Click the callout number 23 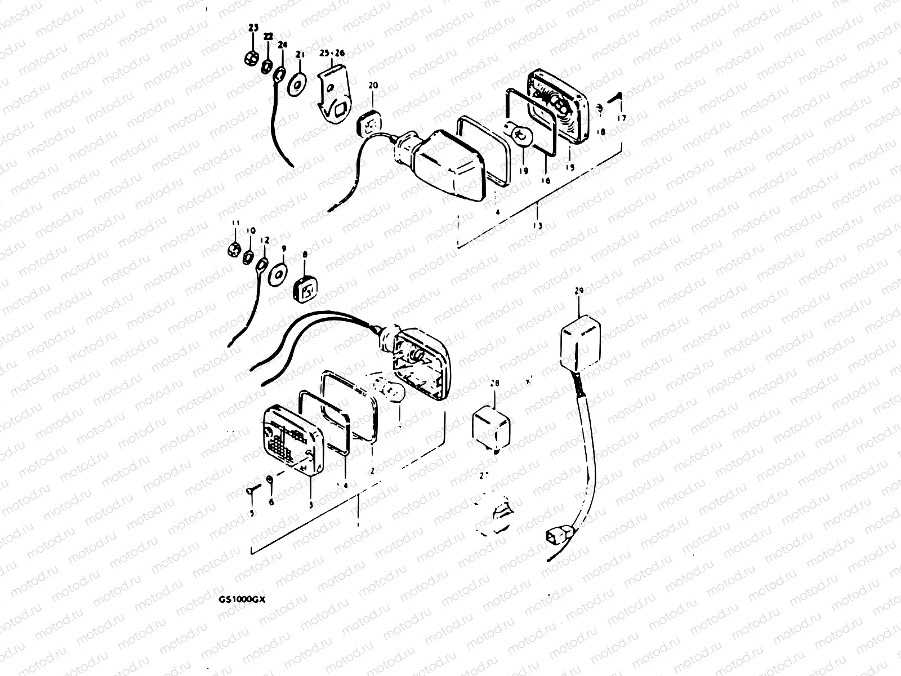click(253, 28)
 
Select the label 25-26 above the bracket click(333, 54)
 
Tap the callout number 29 click(579, 291)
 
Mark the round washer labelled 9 click(279, 275)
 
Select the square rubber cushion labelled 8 click(306, 288)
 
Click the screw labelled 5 click(252, 489)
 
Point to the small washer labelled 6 click(270, 481)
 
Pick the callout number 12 click(264, 239)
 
